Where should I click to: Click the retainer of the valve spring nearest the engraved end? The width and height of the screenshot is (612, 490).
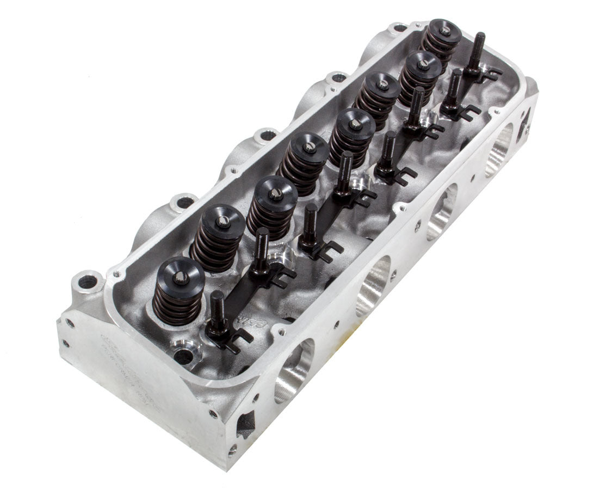tap(180, 277)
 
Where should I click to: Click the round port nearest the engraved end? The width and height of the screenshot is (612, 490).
tap(294, 370)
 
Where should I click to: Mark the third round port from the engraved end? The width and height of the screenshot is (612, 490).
tap(441, 212)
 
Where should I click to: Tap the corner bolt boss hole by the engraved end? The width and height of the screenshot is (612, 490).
tap(87, 283)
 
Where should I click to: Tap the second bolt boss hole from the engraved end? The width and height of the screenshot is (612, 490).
tap(185, 202)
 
